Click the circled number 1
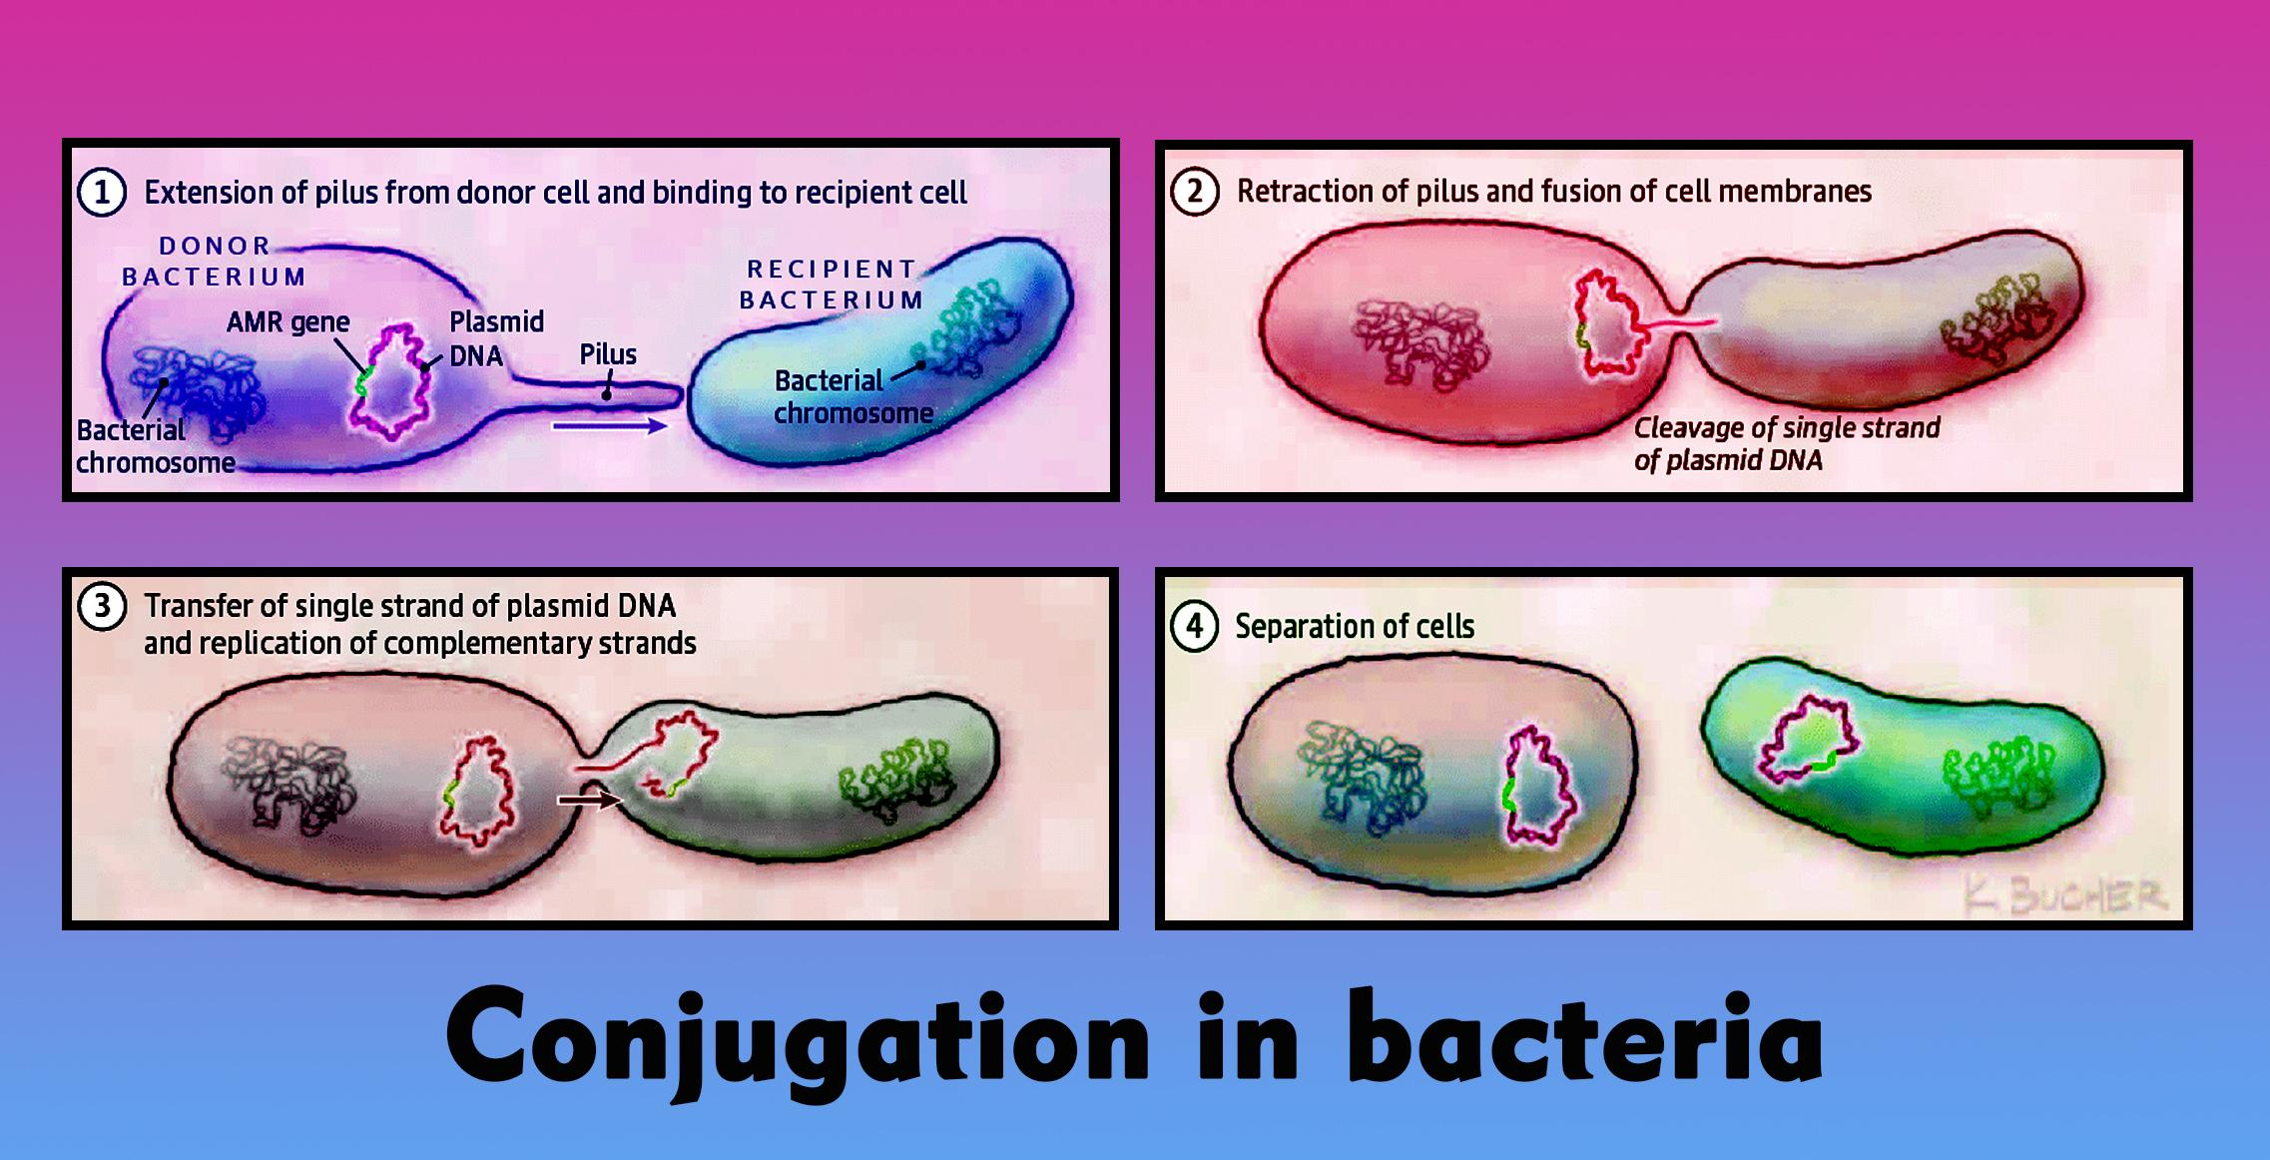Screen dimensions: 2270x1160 coord(102,193)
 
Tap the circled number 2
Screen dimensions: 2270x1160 coord(1195,192)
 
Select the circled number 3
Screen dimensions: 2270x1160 coord(102,606)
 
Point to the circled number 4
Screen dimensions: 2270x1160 coord(1195,627)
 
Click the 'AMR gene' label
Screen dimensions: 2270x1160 coord(287,322)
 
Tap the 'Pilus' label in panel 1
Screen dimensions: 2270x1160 coord(608,354)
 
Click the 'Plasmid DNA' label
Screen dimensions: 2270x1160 coord(496,338)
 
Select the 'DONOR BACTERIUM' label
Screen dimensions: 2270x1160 coord(215,262)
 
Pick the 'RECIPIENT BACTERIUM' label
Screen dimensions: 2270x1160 coord(832,285)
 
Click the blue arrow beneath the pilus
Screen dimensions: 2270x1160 coord(609,426)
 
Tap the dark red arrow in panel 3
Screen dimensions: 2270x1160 coord(589,799)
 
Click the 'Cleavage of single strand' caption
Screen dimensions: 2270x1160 coord(1787,428)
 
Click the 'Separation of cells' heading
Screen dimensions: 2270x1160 coord(1355,627)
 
